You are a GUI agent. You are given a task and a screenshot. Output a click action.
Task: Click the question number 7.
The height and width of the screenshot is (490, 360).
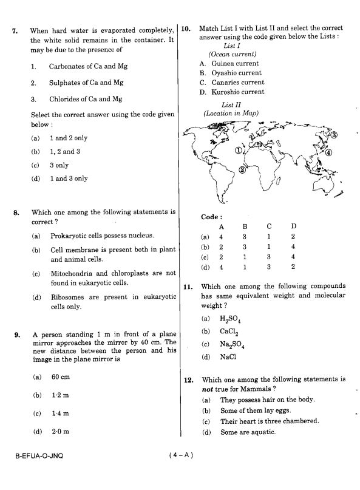click(15, 30)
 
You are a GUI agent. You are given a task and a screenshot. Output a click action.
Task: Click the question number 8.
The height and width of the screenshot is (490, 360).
click(15, 213)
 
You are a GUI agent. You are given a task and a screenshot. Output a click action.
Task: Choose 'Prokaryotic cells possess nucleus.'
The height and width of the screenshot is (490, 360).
click(102, 236)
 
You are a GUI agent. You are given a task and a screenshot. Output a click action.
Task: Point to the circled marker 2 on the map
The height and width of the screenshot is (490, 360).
click(242, 169)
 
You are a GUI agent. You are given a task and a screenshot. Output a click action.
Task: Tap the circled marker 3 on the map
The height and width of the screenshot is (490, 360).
click(334, 136)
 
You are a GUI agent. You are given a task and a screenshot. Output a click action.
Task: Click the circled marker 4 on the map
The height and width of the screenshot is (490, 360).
click(328, 152)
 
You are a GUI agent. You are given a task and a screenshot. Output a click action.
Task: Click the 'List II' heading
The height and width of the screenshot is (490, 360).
click(231, 105)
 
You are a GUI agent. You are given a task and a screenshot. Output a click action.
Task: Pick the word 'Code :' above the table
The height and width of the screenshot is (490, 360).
click(211, 217)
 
